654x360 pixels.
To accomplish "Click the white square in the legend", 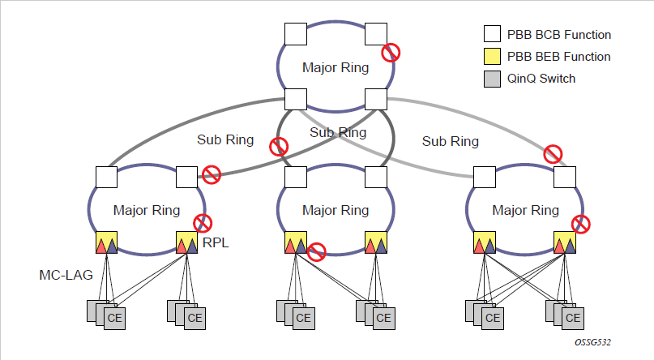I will tap(491, 35).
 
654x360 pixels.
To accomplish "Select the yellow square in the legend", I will tap(491, 57).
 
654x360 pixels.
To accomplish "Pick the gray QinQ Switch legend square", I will tap(491, 79).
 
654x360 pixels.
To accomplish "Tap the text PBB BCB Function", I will tap(558, 35).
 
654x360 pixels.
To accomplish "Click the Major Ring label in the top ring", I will tap(336, 67).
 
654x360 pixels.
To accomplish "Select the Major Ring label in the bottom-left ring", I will tap(147, 210).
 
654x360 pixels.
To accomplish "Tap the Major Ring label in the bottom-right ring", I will tap(525, 210).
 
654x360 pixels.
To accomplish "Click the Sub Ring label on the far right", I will tap(450, 141).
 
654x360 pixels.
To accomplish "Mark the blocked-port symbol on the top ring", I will tap(391, 53).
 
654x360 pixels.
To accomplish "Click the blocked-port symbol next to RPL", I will tap(203, 223).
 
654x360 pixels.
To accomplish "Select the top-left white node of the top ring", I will tap(294, 33).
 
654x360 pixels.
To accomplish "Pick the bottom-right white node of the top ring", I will tap(374, 99).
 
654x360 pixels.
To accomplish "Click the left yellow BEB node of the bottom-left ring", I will tap(107, 242).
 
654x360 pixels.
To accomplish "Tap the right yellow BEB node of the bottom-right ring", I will tap(565, 242).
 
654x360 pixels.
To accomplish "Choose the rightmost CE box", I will tap(574, 317).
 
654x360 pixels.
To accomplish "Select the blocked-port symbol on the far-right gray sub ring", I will tap(553, 153).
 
